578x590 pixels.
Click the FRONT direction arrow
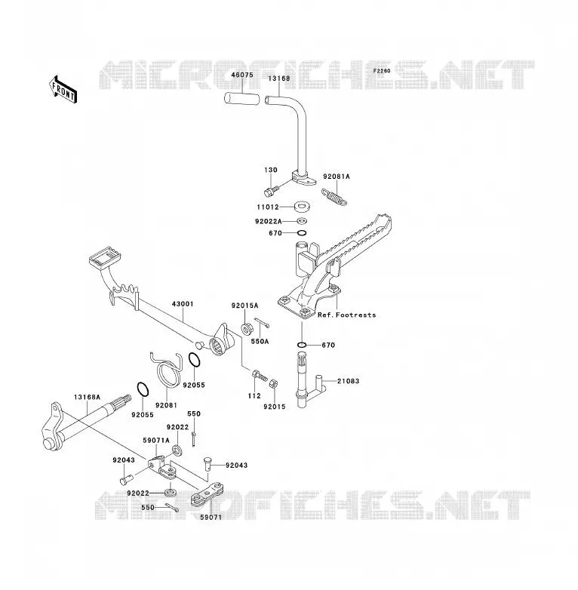pos(63,90)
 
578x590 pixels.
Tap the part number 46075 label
pos(242,75)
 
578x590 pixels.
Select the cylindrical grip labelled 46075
pos(242,99)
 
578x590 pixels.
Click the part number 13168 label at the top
pos(279,78)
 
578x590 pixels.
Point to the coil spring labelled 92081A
pos(334,197)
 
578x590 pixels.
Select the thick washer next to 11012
pos(302,206)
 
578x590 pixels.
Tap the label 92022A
pos(269,221)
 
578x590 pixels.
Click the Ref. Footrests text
pos(346,315)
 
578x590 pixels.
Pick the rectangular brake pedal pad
pos(105,257)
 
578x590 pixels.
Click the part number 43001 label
pos(183,303)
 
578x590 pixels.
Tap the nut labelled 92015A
pos(247,329)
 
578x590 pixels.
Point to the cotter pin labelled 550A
pos(262,322)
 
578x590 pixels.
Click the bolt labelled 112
pos(260,375)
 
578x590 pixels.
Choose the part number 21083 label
pos(348,381)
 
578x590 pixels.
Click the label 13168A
pos(87,397)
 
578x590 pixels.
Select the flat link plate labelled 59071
pos(207,494)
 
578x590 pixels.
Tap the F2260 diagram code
pos(382,71)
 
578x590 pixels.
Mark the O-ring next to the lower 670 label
pos(301,345)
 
